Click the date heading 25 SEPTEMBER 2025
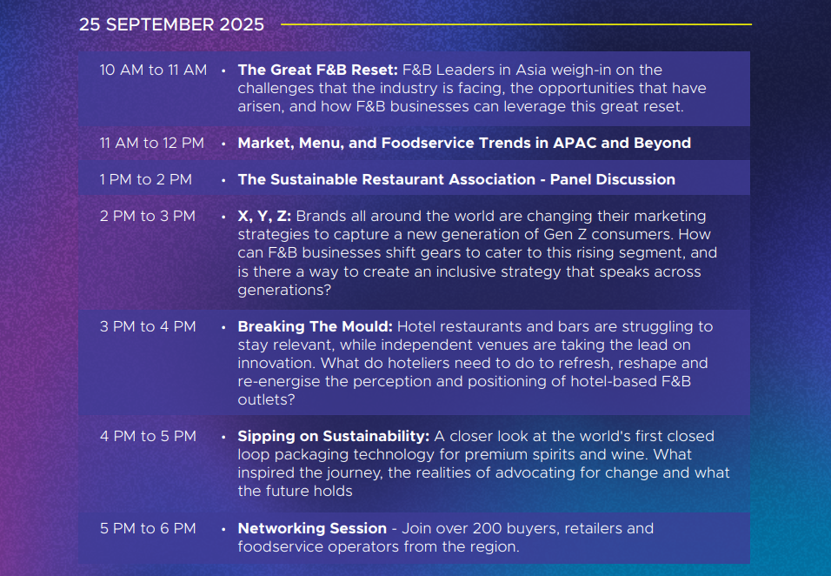click(x=171, y=24)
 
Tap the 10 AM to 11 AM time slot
click(x=153, y=70)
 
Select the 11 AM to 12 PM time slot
click(x=151, y=144)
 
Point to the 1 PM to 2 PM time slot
click(x=146, y=180)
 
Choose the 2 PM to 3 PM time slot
click(x=147, y=217)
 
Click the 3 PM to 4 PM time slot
click(x=148, y=326)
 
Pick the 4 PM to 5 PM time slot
click(x=148, y=437)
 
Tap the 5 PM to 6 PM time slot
click(x=148, y=529)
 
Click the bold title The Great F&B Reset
click(x=317, y=70)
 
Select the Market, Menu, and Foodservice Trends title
click(x=464, y=144)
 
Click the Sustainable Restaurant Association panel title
click(x=456, y=180)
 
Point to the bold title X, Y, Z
click(x=264, y=217)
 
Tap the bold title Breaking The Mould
click(x=315, y=326)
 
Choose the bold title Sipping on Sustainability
click(x=333, y=437)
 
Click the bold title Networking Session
click(x=312, y=529)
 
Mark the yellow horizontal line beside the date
click(x=516, y=24)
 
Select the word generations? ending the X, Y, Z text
click(x=284, y=291)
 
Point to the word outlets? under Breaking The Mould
click(x=266, y=400)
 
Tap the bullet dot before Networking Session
click(x=223, y=529)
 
